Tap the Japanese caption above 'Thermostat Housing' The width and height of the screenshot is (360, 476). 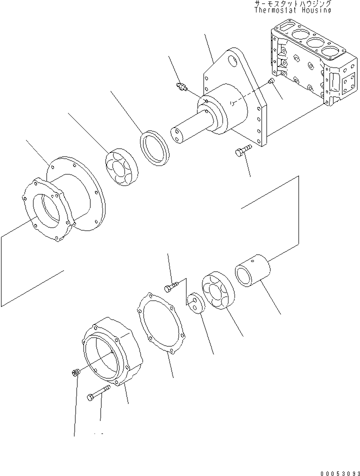click(x=292, y=3)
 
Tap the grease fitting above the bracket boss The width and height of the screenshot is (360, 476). click(x=181, y=87)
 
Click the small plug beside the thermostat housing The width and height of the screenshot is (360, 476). click(x=271, y=81)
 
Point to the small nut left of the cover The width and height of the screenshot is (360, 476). click(x=75, y=372)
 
